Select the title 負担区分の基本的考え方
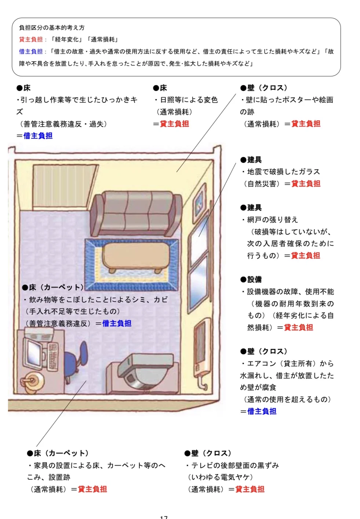click(52, 28)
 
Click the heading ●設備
click(251, 279)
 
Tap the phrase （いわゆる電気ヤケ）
click(220, 477)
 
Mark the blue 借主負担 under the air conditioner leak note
click(262, 412)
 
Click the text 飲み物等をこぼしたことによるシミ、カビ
click(98, 300)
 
